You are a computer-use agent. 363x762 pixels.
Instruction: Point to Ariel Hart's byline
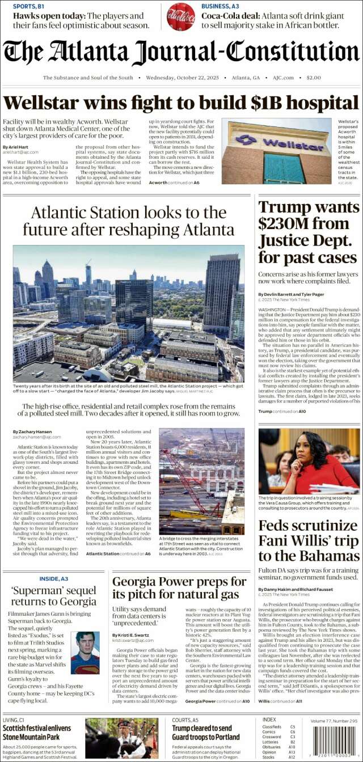[x=14, y=147]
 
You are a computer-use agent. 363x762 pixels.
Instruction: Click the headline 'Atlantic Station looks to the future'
[x=129, y=221]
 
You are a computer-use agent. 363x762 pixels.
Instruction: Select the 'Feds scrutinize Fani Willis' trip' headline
[x=309, y=540]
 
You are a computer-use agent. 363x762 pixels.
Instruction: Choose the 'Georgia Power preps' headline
[x=179, y=587]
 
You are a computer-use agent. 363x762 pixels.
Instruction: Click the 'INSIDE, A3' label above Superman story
[x=54, y=579]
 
